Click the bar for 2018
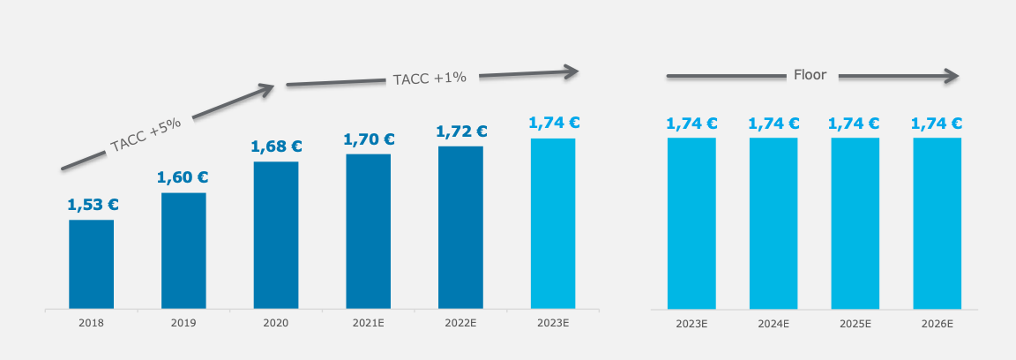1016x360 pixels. tap(92, 265)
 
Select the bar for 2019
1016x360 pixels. tap(183, 251)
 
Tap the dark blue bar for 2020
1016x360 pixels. tap(276, 236)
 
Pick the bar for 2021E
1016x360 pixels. tap(368, 232)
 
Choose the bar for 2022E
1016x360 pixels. tap(460, 228)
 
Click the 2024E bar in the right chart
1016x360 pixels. tap(773, 223)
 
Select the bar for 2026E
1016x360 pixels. tap(938, 223)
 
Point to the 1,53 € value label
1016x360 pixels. tap(93, 205)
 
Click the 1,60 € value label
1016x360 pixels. tap(183, 177)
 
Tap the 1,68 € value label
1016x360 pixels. tap(276, 146)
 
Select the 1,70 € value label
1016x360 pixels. tap(369, 139)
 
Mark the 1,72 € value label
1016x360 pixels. tap(461, 131)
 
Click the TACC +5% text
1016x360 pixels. tap(146, 135)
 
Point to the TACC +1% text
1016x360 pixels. tap(430, 78)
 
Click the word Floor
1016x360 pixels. tap(811, 75)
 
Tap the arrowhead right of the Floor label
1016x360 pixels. tap(951, 77)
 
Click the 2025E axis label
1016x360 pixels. tap(855, 324)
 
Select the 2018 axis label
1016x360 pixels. tap(91, 324)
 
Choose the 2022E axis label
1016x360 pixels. tap(460, 324)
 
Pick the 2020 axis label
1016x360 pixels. tap(276, 324)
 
